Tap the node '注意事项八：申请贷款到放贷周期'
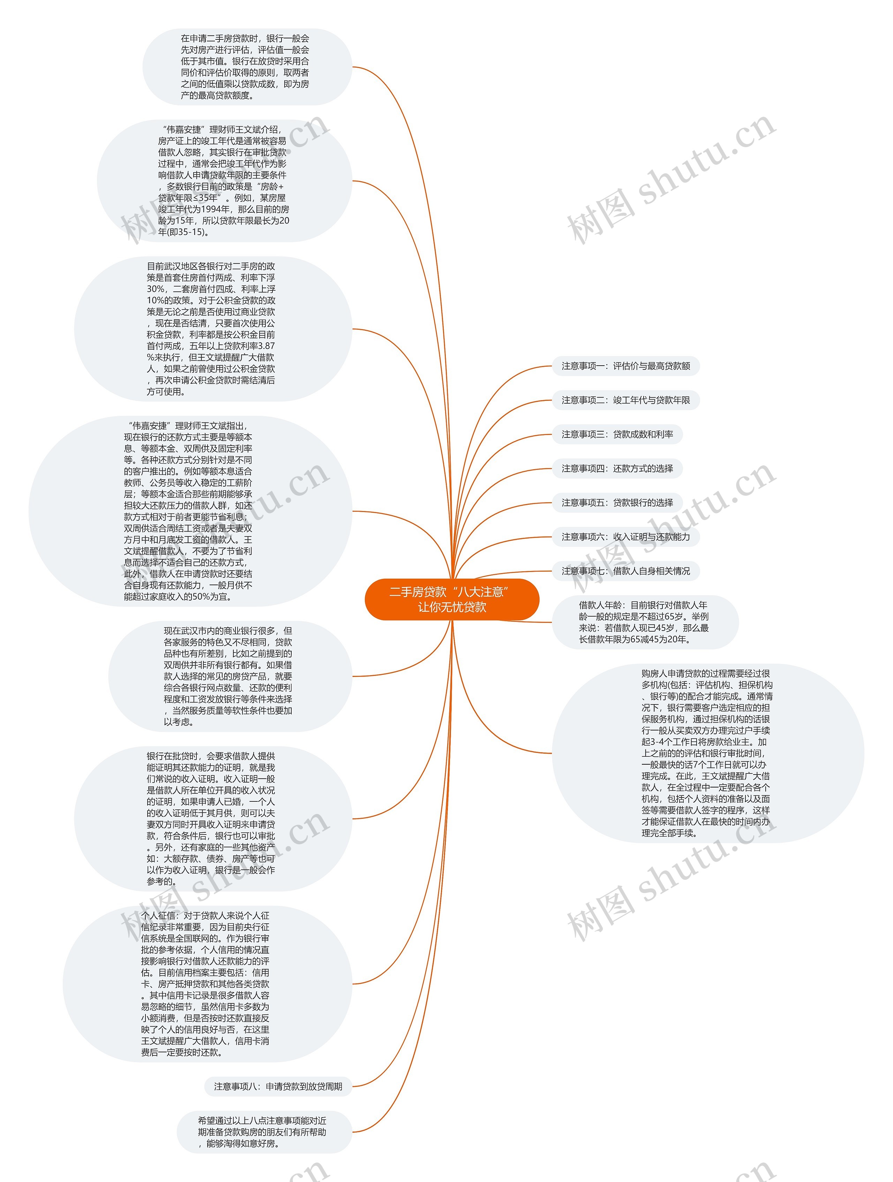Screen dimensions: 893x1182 click(278, 1086)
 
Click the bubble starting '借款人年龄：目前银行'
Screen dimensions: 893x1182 click(644, 622)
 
